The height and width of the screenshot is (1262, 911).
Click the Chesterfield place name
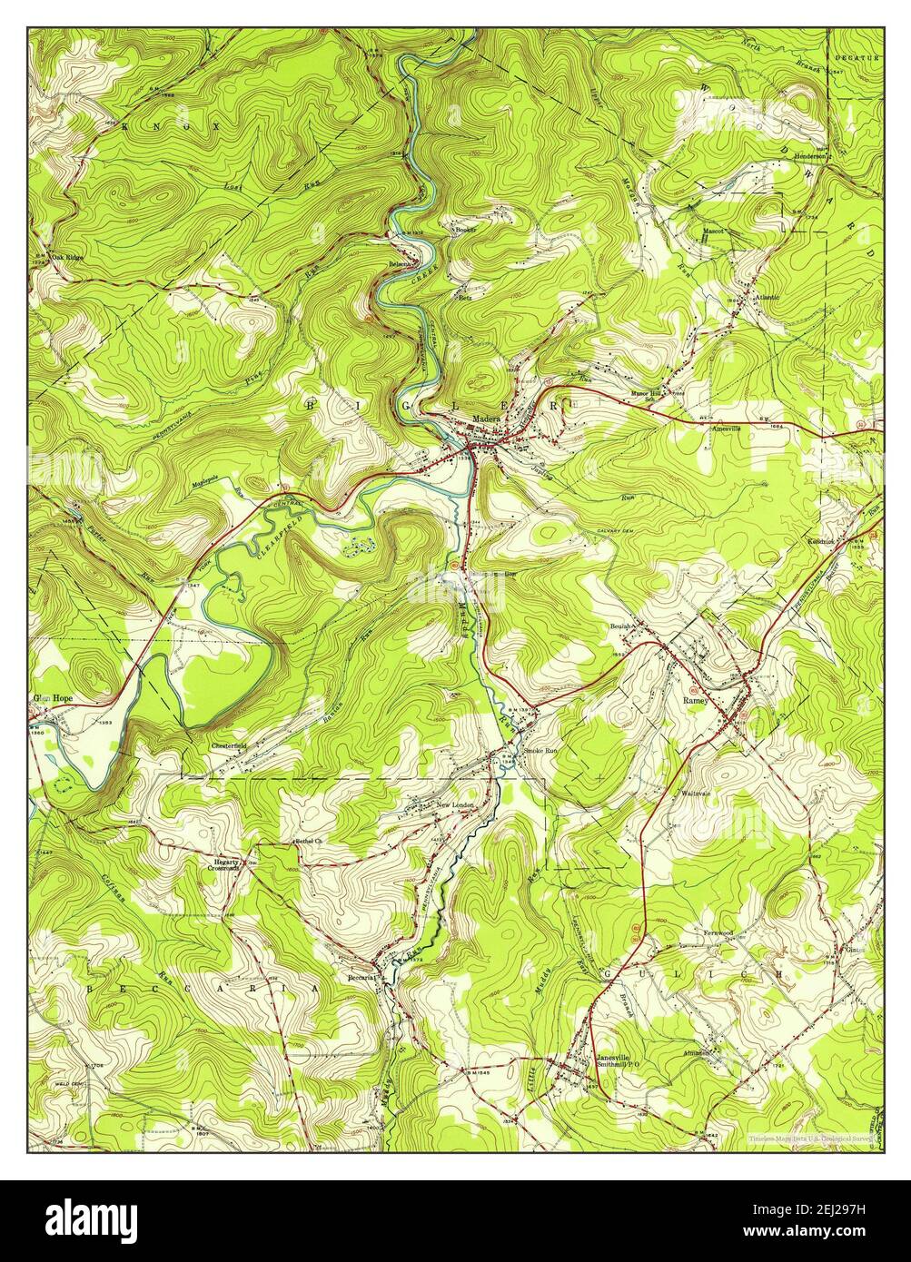click(232, 745)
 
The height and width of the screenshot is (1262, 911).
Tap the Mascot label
click(711, 232)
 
